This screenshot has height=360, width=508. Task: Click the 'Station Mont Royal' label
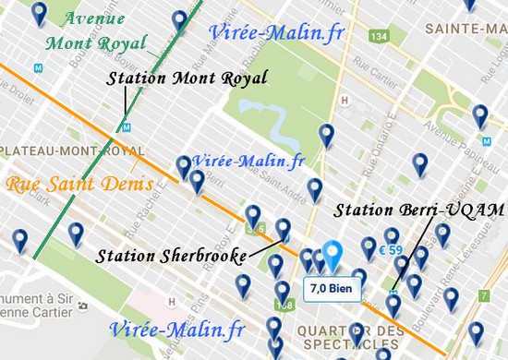[x=187, y=79]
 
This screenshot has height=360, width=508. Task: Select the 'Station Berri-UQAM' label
[x=414, y=210]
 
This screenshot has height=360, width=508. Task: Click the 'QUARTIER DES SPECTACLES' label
[x=360, y=338]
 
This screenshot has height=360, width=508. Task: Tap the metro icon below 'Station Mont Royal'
[x=127, y=127]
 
